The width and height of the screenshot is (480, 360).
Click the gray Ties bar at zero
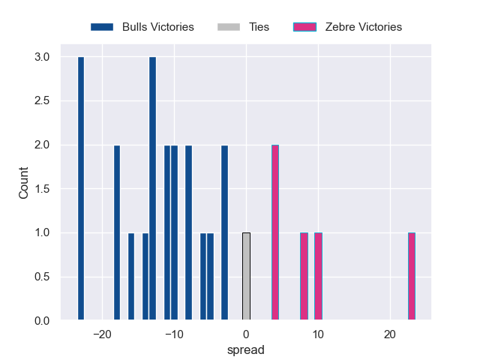click(246, 277)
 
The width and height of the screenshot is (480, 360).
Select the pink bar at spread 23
click(412, 277)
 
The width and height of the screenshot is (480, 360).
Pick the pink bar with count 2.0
click(275, 232)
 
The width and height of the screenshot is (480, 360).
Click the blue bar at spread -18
click(117, 232)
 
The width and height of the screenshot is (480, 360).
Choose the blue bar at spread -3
click(224, 232)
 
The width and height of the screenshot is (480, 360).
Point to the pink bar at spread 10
click(318, 277)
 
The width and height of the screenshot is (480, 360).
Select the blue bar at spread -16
click(131, 277)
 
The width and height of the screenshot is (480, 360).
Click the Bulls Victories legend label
click(157, 27)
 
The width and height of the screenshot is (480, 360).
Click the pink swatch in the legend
click(305, 27)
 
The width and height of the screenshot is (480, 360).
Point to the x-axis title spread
click(246, 349)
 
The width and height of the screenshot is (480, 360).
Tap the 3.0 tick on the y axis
click(42, 57)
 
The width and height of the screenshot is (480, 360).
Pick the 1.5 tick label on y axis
click(42, 189)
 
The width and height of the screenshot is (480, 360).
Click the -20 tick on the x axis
click(102, 334)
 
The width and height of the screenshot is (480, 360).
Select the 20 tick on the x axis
click(390, 334)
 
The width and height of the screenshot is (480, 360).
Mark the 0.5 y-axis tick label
click(42, 277)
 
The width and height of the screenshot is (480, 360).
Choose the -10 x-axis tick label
click(174, 334)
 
